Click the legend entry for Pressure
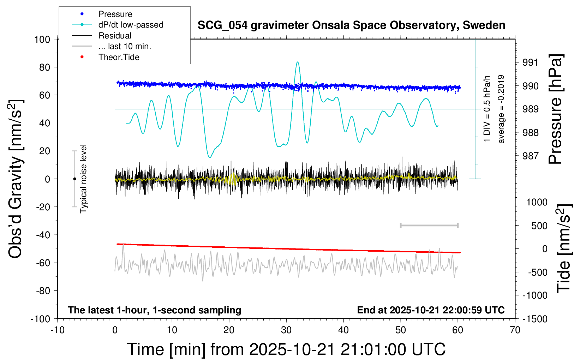115,14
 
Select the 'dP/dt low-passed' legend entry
131,25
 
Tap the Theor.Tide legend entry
119,57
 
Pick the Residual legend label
115,36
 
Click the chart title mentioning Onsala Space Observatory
351,25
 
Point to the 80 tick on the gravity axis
44,67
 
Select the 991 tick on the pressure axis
530,62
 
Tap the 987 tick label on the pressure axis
530,156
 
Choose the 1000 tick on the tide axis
537,202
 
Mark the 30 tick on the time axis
286,330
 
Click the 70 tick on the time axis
515,330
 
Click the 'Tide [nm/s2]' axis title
564,248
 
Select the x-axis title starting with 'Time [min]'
286,349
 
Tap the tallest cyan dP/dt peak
298,62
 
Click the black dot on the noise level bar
74,179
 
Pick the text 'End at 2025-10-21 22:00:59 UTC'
431,310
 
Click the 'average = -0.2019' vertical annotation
501,109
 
